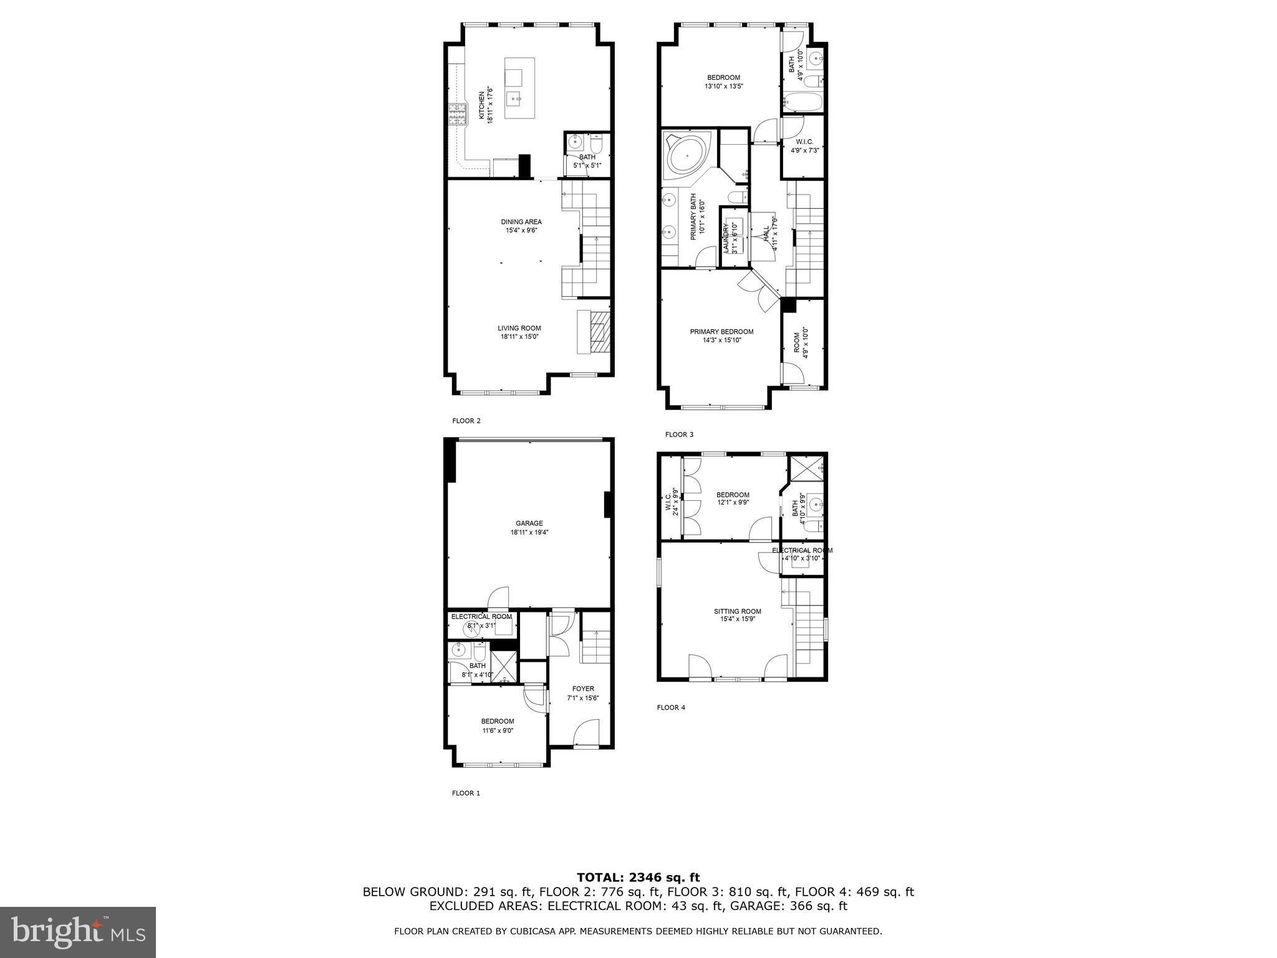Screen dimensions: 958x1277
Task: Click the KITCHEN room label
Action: click(481, 105)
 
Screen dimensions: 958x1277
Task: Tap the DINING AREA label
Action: click(521, 222)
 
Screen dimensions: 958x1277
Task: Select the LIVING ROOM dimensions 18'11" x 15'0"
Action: click(519, 337)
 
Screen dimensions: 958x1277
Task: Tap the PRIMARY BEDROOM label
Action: click(721, 332)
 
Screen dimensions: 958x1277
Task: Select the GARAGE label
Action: click(529, 523)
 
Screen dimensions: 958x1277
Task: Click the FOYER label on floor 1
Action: click(583, 689)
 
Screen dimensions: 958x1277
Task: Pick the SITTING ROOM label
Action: click(737, 611)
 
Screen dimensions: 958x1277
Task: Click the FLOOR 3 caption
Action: click(679, 435)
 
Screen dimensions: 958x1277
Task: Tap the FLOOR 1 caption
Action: click(466, 793)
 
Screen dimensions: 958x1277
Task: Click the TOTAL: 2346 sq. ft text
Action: click(638, 878)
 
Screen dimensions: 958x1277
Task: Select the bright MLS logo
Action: click(78, 932)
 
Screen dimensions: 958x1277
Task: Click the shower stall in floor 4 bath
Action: click(807, 468)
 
